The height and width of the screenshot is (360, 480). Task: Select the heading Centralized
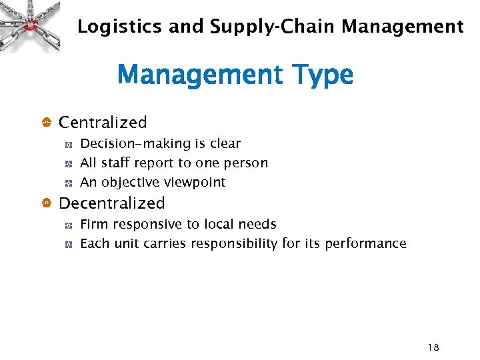[103, 123]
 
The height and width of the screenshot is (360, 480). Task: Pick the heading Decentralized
[111, 203]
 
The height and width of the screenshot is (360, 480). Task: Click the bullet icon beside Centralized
[47, 123]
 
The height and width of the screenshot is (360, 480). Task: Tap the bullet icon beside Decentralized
[47, 203]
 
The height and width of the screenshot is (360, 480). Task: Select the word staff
[115, 163]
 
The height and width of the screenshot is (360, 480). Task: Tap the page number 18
[433, 347]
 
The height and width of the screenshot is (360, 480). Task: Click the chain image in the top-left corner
[30, 25]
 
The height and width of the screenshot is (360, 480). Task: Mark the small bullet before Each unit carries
[68, 245]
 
